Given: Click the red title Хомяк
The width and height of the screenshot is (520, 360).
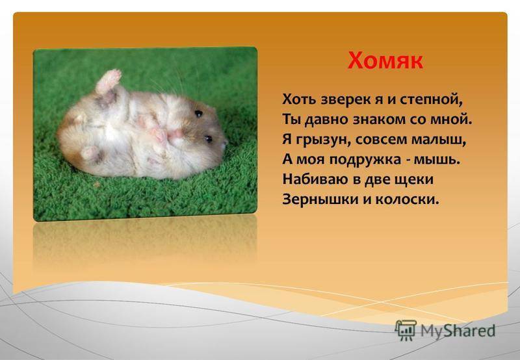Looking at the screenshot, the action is pyautogui.click(x=385, y=60).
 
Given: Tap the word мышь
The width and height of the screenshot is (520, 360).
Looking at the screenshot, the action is pyautogui.click(x=437, y=160).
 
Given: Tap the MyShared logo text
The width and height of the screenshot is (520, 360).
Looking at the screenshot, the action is pyautogui.click(x=458, y=331).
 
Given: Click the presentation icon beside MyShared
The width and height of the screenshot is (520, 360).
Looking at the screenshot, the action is pyautogui.click(x=405, y=330).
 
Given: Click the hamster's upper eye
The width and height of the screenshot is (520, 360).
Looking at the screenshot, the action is pyautogui.click(x=199, y=114).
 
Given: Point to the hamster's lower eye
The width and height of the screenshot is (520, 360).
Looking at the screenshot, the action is pyautogui.click(x=208, y=138).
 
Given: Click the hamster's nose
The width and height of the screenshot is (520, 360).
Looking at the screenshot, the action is pyautogui.click(x=224, y=144).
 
